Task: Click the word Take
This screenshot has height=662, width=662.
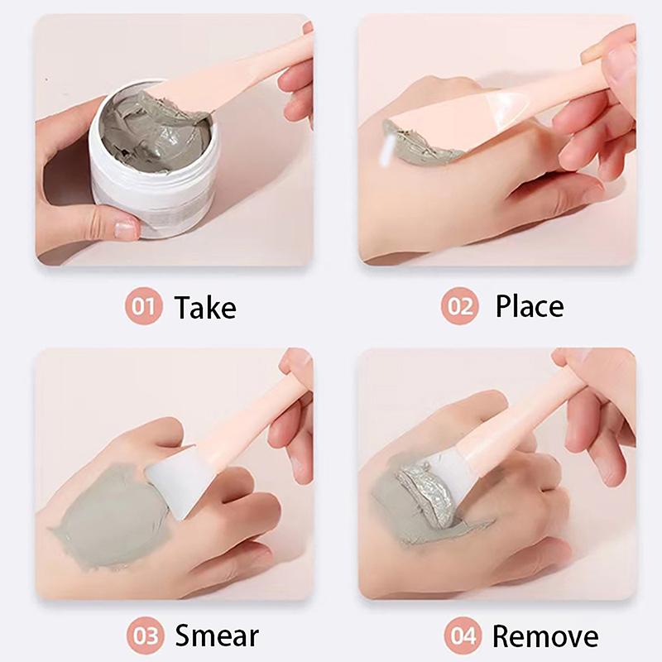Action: tap(205, 307)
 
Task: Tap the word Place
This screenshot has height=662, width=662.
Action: tap(530, 306)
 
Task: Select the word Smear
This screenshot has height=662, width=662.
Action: tap(217, 636)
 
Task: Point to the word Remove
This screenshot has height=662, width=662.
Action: tap(545, 636)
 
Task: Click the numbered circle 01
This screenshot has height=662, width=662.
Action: tap(143, 306)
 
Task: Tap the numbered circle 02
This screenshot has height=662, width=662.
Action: tap(460, 306)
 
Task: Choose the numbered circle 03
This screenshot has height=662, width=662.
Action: tap(146, 636)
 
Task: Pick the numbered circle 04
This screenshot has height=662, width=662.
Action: tap(463, 636)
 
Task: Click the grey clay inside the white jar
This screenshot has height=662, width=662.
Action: tap(156, 132)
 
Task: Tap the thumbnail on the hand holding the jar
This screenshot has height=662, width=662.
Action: tap(127, 228)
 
